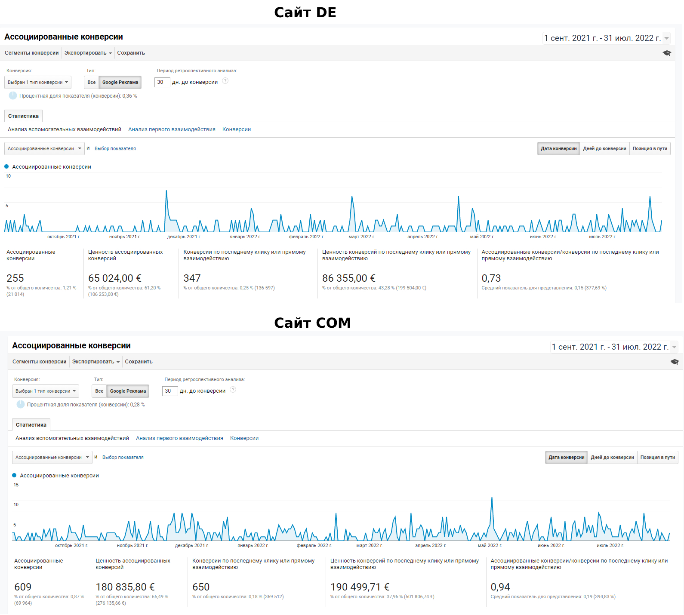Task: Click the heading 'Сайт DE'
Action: (x=305, y=12)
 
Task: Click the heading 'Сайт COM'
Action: (x=312, y=323)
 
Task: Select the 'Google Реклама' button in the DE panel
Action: (x=120, y=82)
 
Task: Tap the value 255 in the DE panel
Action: (x=15, y=278)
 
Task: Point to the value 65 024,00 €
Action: (x=115, y=278)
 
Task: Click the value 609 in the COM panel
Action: (x=23, y=587)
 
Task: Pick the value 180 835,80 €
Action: (x=125, y=587)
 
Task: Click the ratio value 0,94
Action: (x=500, y=587)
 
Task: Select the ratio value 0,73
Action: (x=491, y=278)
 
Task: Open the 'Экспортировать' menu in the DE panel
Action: (x=88, y=53)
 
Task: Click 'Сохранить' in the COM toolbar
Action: (x=139, y=362)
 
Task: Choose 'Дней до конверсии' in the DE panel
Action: (x=604, y=149)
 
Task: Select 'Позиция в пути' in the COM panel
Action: (x=657, y=458)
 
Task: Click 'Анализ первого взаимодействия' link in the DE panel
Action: (x=172, y=129)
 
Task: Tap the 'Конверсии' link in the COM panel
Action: (x=244, y=438)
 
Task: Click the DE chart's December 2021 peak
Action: (x=166, y=191)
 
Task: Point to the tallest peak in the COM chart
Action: (x=492, y=498)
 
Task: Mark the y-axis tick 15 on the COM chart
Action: (x=16, y=485)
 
